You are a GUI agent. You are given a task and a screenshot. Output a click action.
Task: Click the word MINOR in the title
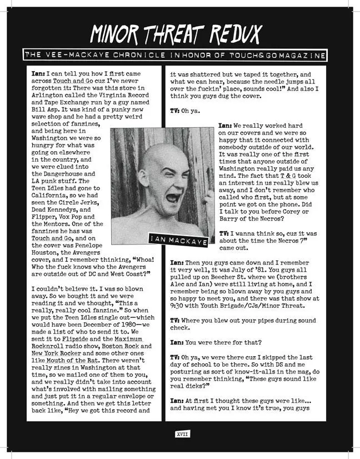pyautogui.click(x=119, y=35)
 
